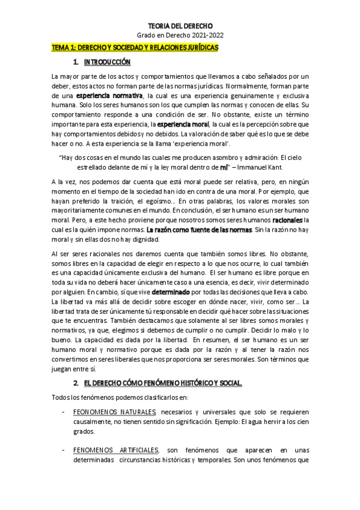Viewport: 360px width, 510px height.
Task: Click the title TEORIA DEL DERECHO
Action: [180, 26]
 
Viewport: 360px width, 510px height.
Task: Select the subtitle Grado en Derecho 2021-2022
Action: [180, 37]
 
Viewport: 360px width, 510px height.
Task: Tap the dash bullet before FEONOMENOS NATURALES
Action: [64, 413]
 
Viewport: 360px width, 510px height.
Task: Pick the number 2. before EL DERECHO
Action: [76, 384]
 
